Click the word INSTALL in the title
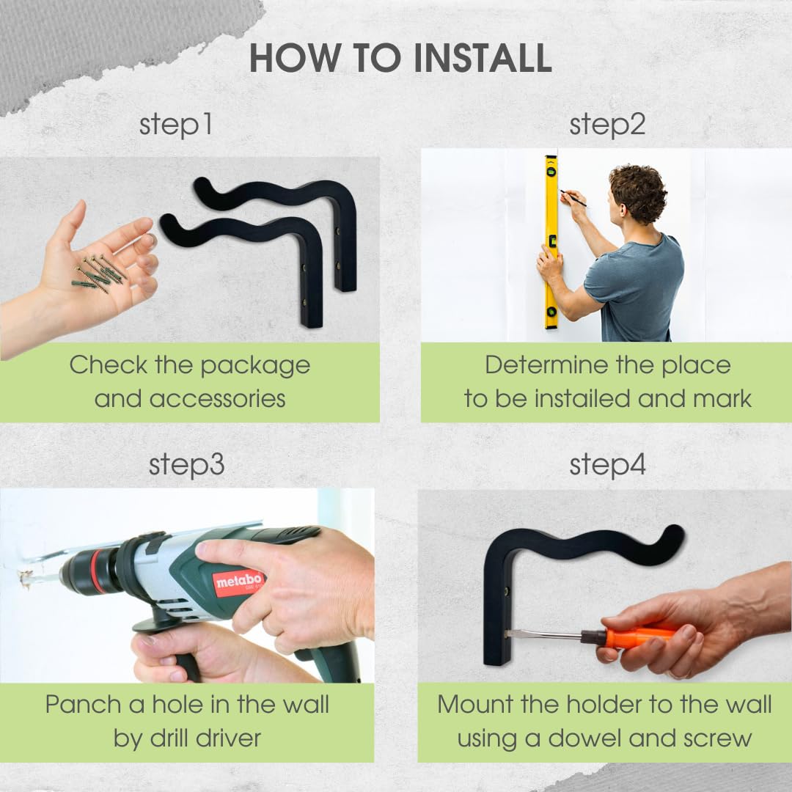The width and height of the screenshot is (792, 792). coord(483,58)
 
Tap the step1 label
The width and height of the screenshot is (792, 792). coord(175,125)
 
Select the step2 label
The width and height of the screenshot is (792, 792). coord(607,125)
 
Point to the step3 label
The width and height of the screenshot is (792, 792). coord(186,465)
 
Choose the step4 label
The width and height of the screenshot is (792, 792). coord(608,465)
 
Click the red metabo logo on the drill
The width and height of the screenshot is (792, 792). coord(238,582)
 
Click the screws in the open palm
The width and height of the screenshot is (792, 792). coord(99,273)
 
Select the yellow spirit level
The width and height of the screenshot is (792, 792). coord(551,243)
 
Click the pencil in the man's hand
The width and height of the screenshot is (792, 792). coord(573,198)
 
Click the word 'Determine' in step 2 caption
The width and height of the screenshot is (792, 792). coord(546,364)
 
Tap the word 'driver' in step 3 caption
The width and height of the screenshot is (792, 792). coord(228,738)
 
